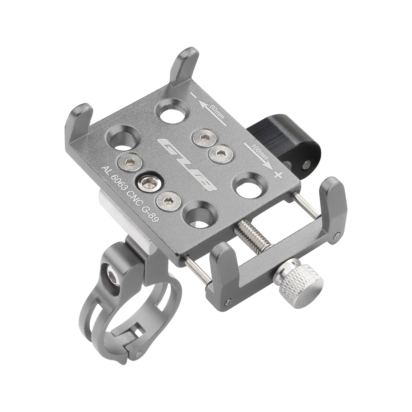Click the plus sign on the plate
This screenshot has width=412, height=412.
pos(278,175)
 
